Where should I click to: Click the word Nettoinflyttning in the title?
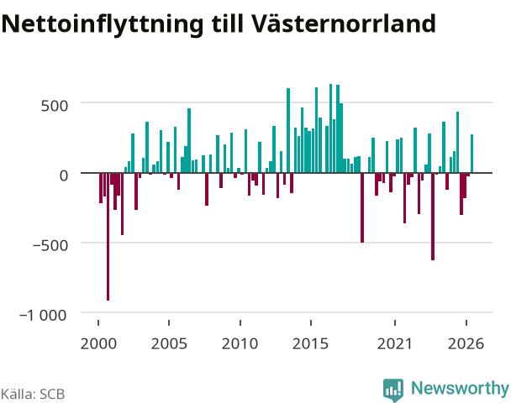[103, 24]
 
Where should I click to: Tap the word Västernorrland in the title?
[343, 23]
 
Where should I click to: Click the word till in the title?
[228, 23]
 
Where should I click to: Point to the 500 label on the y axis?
[55, 106]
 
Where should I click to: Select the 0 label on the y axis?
[64, 175]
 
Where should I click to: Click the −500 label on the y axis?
[50, 245]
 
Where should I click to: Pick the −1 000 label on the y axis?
[43, 315]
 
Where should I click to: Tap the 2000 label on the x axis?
[98, 343]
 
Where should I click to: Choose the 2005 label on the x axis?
[169, 343]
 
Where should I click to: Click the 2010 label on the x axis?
[240, 343]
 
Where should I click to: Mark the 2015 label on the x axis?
[311, 343]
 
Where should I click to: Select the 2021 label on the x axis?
[395, 343]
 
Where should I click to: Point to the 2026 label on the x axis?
[466, 343]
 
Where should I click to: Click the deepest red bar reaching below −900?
[108, 237]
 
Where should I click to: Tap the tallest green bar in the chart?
[330, 128]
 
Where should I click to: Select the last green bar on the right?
[471, 154]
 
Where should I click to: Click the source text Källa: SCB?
[33, 395]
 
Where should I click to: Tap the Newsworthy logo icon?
[393, 390]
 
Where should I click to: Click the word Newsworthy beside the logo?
[460, 388]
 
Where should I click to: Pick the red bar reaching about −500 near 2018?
[362, 207]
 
